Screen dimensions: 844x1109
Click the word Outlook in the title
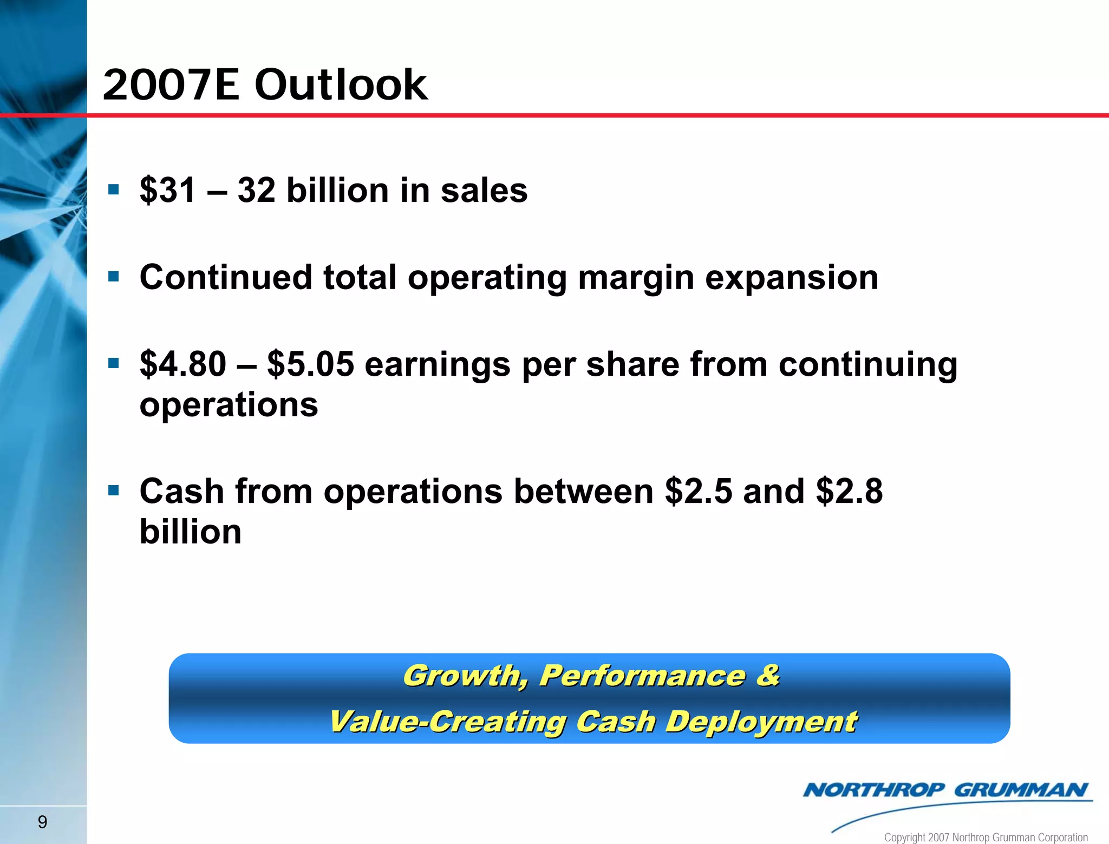[341, 85]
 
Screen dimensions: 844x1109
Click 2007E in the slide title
[171, 85]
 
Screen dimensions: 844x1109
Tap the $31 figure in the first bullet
[167, 191]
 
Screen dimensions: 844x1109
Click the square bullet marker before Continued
[113, 277]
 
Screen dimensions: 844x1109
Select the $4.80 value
[183, 364]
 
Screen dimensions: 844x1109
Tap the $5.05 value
[311, 364]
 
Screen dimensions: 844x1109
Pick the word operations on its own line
[229, 405]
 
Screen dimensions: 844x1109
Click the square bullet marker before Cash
[113, 490]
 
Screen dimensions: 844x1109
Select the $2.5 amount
[699, 491]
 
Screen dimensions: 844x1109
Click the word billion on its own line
[191, 532]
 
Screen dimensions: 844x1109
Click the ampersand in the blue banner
[767, 675]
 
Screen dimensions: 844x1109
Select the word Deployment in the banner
[761, 722]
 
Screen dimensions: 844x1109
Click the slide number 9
[42, 822]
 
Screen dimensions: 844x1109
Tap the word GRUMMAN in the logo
[1020, 790]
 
